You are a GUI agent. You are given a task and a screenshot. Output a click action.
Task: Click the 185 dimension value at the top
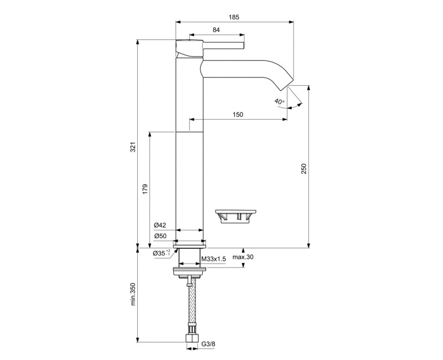(x=234, y=18)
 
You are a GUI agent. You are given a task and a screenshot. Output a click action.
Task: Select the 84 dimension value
(x=217, y=30)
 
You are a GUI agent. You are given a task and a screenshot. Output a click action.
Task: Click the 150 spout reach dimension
(x=238, y=115)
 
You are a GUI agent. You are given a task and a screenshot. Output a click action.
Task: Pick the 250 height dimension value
(x=303, y=169)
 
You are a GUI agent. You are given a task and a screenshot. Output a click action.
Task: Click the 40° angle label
(x=279, y=101)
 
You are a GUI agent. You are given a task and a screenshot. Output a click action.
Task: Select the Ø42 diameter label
(x=160, y=225)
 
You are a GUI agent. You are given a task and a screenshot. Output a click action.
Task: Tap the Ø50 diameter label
(x=160, y=236)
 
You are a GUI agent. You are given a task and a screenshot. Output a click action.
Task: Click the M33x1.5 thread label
(x=212, y=259)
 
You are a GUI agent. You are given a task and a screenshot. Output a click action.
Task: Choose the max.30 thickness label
(x=243, y=258)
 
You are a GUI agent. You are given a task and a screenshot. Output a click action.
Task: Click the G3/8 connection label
(x=208, y=344)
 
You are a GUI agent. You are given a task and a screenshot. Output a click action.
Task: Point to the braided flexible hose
(x=192, y=305)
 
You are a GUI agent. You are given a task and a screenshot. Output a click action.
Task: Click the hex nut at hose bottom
(x=192, y=337)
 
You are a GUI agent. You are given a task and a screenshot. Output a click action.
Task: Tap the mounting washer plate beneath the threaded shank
(x=190, y=271)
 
